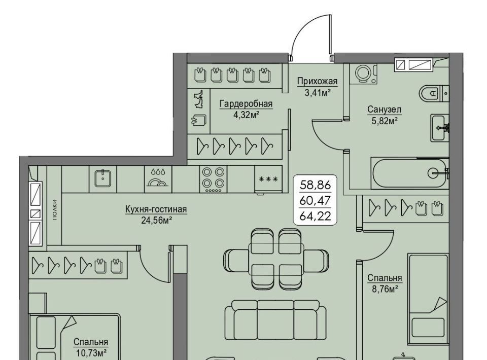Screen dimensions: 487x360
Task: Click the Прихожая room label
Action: [317, 81]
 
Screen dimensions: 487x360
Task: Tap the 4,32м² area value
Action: [247, 115]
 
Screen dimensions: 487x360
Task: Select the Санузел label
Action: [384, 109]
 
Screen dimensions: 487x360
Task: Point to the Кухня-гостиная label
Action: [156, 209]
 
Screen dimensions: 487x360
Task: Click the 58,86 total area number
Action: [315, 185]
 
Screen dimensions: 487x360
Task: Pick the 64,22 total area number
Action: [315, 215]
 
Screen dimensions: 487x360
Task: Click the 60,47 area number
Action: [315, 200]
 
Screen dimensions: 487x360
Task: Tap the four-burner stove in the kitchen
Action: [213, 179]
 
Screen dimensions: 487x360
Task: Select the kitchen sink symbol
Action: [103, 178]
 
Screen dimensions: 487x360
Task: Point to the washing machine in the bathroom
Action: [363, 74]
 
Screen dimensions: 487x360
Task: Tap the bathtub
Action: [410, 173]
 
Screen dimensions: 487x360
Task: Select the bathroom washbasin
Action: [439, 128]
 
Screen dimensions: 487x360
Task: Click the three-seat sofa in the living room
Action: [275, 319]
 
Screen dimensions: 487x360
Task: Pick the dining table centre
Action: [276, 259]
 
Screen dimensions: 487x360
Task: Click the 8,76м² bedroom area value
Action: [385, 290]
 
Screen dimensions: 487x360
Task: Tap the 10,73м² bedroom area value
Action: [91, 353]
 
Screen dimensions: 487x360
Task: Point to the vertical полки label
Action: [55, 210]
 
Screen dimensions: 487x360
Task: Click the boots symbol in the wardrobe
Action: [199, 99]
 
